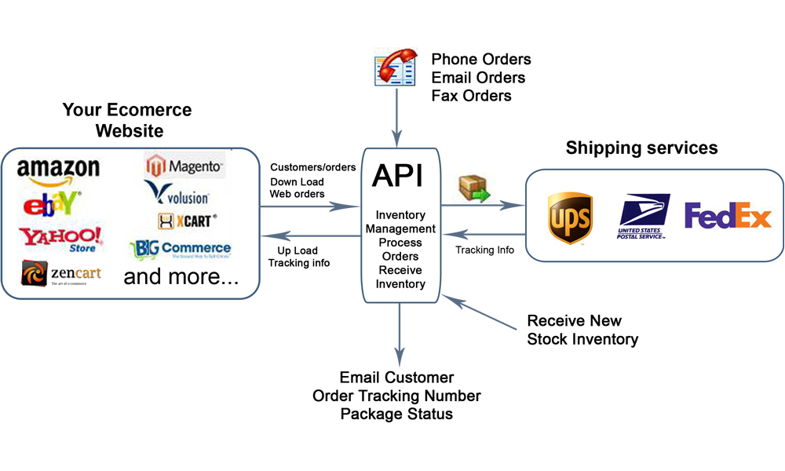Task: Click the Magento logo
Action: tap(185, 166)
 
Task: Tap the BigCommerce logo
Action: tap(180, 250)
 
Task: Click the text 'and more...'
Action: tap(181, 276)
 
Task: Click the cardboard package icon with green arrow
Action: tap(474, 189)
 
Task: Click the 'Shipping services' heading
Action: tap(641, 148)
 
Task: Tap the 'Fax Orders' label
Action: tap(471, 96)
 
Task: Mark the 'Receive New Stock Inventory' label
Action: tap(582, 330)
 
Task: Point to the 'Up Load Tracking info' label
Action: tap(298, 256)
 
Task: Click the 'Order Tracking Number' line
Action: tap(396, 396)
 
